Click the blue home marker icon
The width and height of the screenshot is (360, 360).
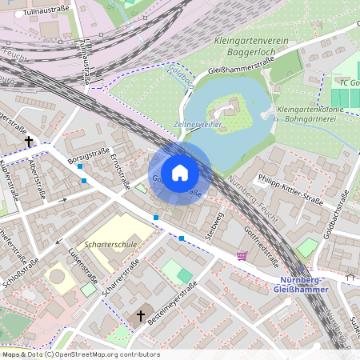pos(180,173)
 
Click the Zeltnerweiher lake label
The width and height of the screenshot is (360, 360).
pos(196,125)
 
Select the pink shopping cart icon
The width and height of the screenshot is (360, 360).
pos(242,255)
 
